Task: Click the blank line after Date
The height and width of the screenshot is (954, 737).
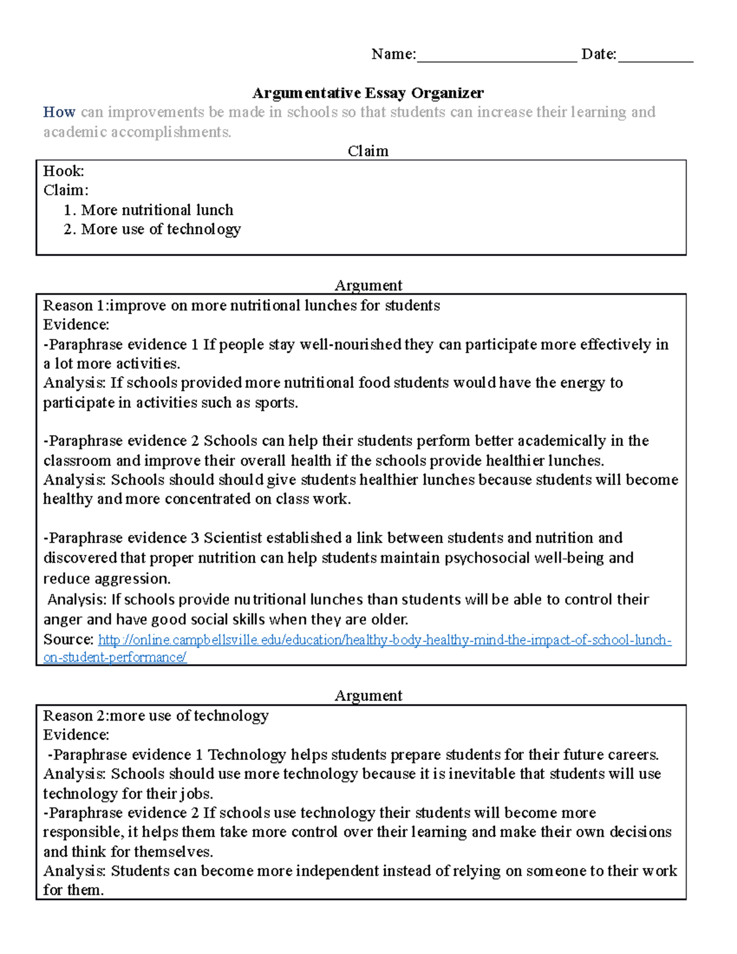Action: pyautogui.click(x=655, y=57)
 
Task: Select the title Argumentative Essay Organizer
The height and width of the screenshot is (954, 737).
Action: pyautogui.click(x=368, y=93)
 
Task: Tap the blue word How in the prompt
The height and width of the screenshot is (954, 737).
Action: pyautogui.click(x=59, y=112)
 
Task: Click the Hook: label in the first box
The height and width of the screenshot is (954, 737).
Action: pyautogui.click(x=63, y=171)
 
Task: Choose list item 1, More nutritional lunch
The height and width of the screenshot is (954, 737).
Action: pyautogui.click(x=157, y=210)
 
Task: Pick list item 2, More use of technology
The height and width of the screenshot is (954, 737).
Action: pyautogui.click(x=160, y=229)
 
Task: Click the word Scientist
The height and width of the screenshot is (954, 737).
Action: pyautogui.click(x=233, y=538)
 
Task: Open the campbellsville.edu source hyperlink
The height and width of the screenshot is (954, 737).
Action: pyautogui.click(x=384, y=640)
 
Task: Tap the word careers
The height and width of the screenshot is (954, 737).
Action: pyautogui.click(x=633, y=754)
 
